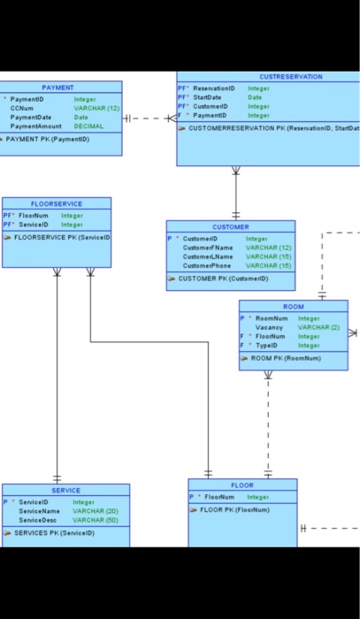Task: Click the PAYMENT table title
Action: (x=57, y=88)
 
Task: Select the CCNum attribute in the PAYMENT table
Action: (x=21, y=108)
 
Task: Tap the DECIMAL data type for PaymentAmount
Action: (x=88, y=126)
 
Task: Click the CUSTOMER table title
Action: (x=231, y=227)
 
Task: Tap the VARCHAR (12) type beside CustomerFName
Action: (x=268, y=248)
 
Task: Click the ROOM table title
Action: (x=293, y=307)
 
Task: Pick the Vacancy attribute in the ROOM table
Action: (x=269, y=327)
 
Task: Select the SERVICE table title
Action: (x=65, y=490)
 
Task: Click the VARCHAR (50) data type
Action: (x=94, y=519)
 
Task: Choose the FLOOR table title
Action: (x=241, y=485)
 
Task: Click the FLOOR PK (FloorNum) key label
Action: (x=231, y=510)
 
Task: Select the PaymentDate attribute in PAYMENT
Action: (x=28, y=117)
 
